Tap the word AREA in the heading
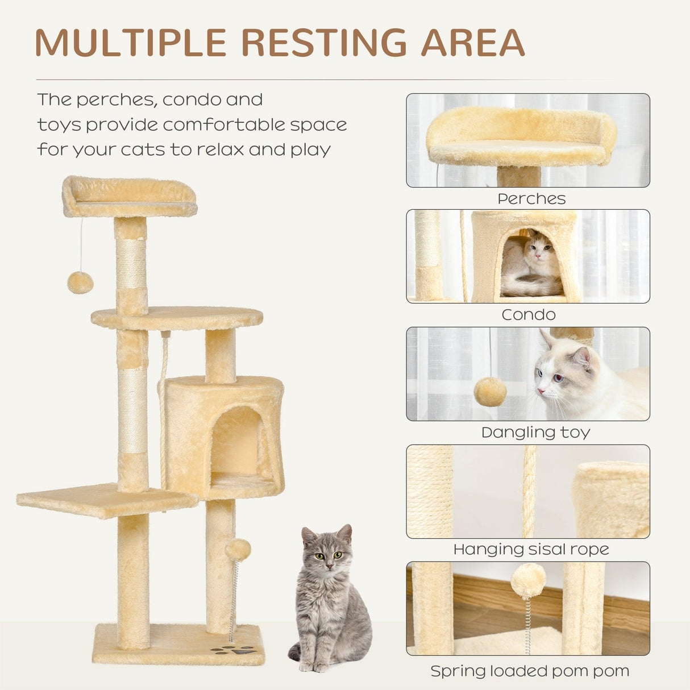pos(473,42)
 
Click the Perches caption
pos(531,199)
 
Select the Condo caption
pos(529,315)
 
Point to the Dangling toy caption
pos(535,433)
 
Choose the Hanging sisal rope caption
pos(531,550)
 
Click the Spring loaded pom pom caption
pos(530,671)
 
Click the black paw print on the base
pos(235,650)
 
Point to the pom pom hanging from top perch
pos(80,282)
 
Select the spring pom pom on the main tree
pos(238,550)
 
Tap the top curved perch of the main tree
pos(130,196)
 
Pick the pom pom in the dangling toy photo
pos(490,392)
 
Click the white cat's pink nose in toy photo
pos(541,391)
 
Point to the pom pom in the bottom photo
pos(527,580)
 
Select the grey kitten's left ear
pos(309,537)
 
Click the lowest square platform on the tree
pos(105,500)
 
